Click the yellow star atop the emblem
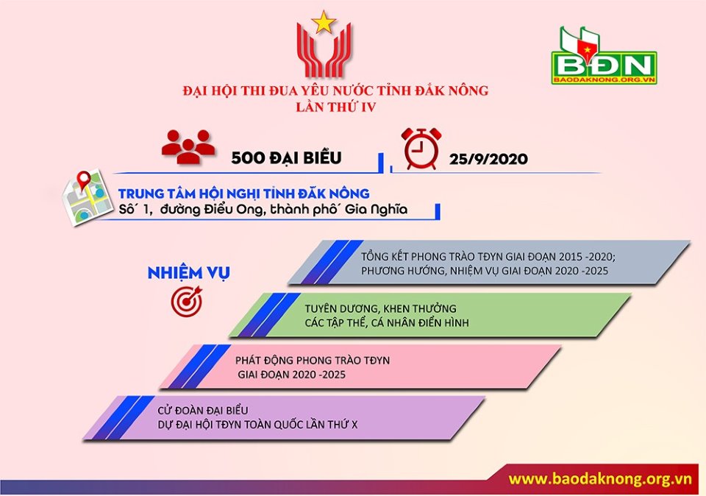tap(324, 22)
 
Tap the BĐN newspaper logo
tap(604, 56)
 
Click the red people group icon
tap(188, 146)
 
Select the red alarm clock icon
tap(421, 149)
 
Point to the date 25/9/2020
tap(488, 158)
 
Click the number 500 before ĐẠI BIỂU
tap(248, 157)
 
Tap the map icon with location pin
tap(87, 196)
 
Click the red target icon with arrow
tap(187, 301)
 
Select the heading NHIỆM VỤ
tap(189, 272)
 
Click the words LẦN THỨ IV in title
tap(336, 107)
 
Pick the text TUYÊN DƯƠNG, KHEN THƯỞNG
tap(380, 308)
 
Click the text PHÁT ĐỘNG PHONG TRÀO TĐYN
tap(313, 361)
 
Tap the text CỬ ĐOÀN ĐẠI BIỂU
tap(203, 411)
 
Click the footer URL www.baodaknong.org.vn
tap(600, 478)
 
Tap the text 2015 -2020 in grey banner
tap(586, 257)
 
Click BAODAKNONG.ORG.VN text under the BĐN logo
tap(604, 79)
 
